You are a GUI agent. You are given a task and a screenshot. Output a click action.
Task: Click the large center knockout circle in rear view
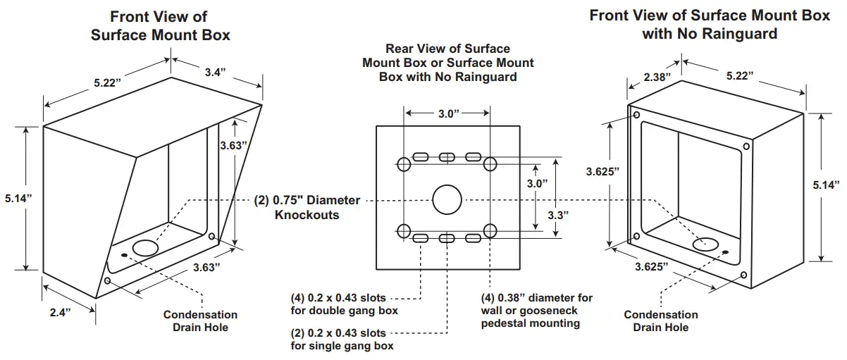pos(446,200)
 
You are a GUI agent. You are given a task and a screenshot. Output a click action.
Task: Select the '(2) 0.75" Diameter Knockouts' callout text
pos(307,207)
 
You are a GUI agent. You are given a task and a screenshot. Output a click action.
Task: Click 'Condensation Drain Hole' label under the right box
pos(660,321)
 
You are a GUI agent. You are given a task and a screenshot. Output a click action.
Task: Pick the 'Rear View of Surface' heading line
pos(447,49)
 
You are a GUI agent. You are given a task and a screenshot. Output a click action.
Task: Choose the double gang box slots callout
pos(344,304)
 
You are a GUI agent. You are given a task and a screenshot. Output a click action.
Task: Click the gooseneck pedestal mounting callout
pos(536,311)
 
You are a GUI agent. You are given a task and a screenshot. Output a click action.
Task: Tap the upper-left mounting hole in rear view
pos(404,165)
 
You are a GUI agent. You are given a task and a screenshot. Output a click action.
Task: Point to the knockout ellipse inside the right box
pos(706,244)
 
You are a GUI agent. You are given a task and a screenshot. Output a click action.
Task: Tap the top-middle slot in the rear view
pos(446,157)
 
